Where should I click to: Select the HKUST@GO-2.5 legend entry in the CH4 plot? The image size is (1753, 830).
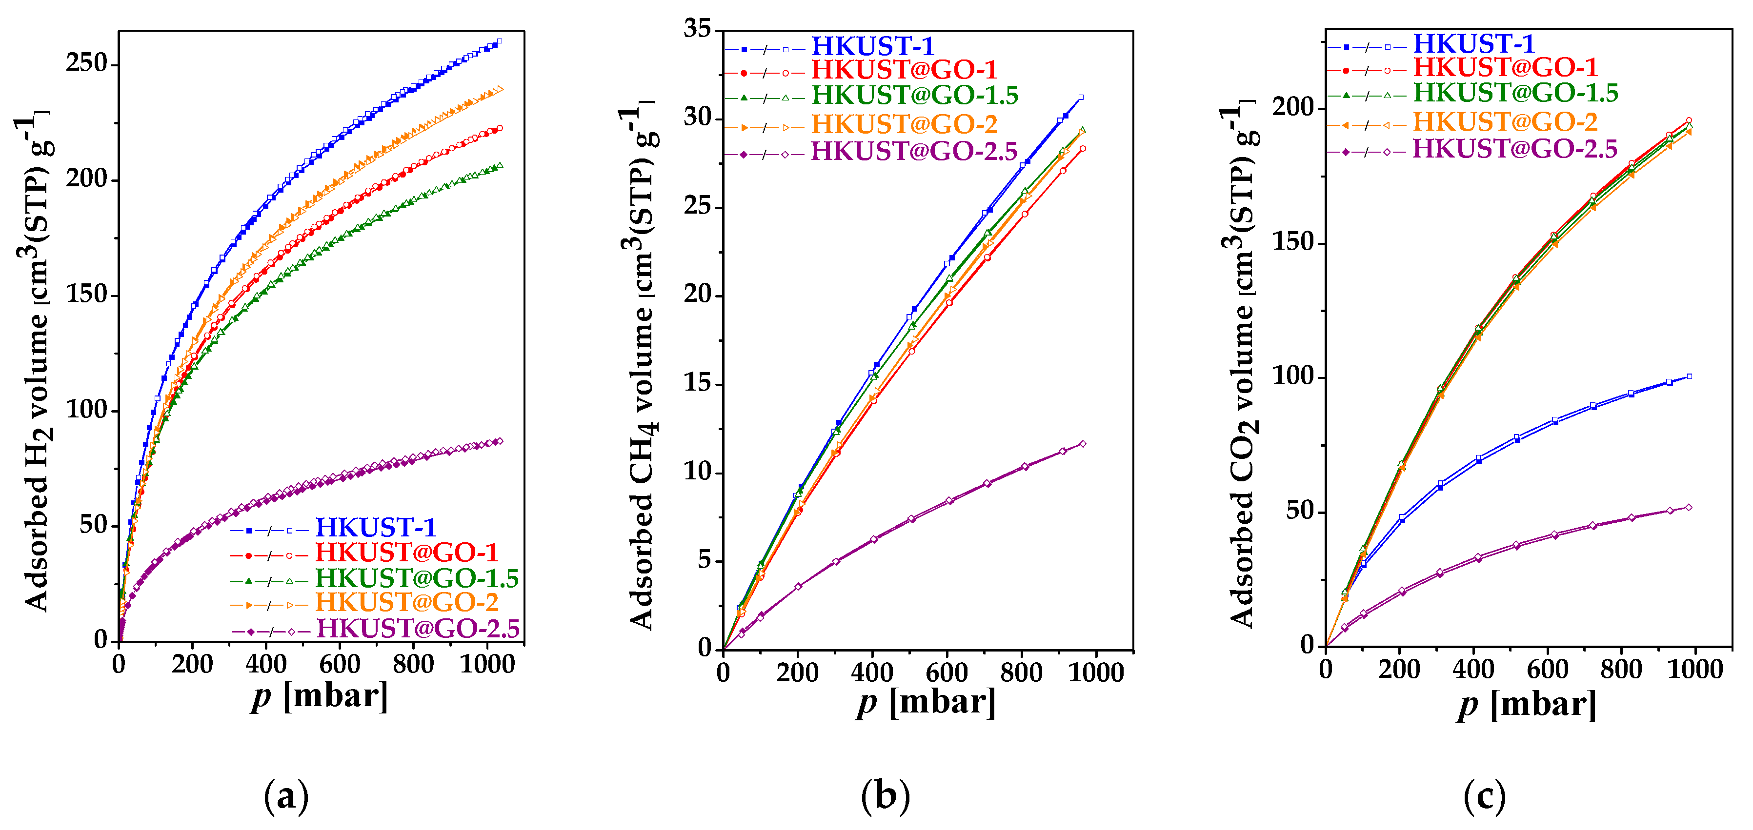914,151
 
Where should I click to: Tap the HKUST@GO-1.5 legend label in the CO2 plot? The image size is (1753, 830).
1515,93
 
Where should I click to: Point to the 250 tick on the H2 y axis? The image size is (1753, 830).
87,63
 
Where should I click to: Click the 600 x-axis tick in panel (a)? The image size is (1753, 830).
339,663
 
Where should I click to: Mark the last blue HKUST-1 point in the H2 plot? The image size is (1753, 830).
500,41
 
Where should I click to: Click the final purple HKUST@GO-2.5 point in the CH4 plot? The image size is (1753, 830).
1083,444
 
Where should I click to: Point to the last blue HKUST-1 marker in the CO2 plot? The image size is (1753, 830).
1689,376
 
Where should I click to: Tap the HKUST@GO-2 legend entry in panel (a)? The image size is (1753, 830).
406,603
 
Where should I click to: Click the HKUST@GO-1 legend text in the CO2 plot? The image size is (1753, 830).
1505,67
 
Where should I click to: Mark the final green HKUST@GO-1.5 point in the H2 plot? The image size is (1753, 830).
500,165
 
